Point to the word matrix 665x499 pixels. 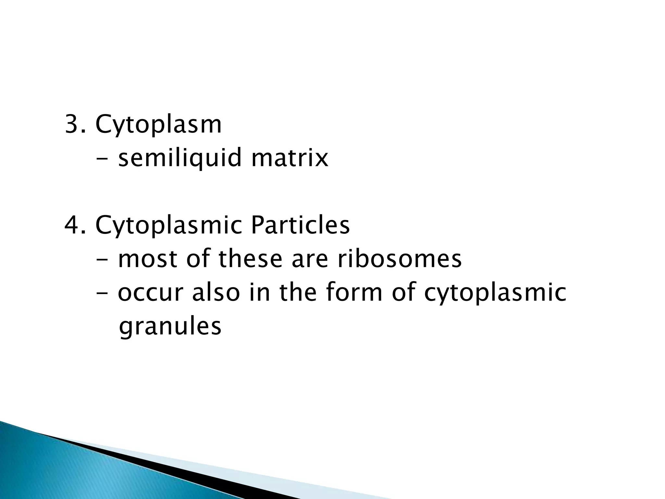coord(290,158)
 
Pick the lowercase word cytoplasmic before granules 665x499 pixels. coord(495,293)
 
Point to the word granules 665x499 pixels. coord(170,326)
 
